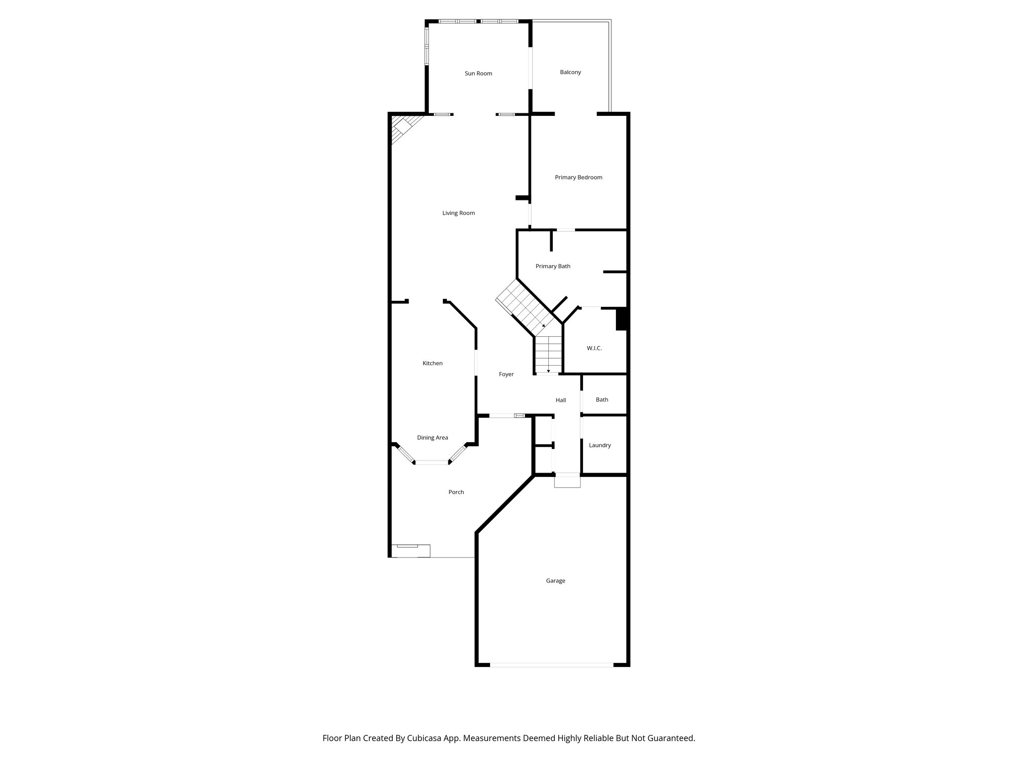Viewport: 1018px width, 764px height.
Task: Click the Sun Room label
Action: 478,74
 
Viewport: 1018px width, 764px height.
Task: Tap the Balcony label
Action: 570,73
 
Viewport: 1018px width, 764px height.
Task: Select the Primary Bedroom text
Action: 579,178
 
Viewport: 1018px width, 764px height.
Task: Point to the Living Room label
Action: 458,213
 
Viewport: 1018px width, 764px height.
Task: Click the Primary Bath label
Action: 553,267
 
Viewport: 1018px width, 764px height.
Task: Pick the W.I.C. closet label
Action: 594,349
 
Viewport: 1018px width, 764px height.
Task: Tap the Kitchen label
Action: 432,364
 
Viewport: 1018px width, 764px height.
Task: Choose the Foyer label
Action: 506,375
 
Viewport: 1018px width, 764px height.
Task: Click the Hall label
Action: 561,400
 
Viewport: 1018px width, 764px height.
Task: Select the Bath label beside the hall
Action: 602,400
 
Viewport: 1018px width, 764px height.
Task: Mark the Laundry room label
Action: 600,446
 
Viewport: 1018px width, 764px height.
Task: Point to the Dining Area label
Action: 432,438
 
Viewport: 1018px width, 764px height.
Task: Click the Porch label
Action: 456,492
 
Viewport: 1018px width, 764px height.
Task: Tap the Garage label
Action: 555,581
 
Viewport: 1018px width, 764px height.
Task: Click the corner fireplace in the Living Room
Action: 401,126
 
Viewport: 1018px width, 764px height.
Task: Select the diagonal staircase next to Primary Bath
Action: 525,307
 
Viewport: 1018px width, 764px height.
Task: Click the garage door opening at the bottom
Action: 552,665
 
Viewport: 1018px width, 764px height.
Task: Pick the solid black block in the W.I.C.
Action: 621,319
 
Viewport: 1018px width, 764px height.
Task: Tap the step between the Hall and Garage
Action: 567,481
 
